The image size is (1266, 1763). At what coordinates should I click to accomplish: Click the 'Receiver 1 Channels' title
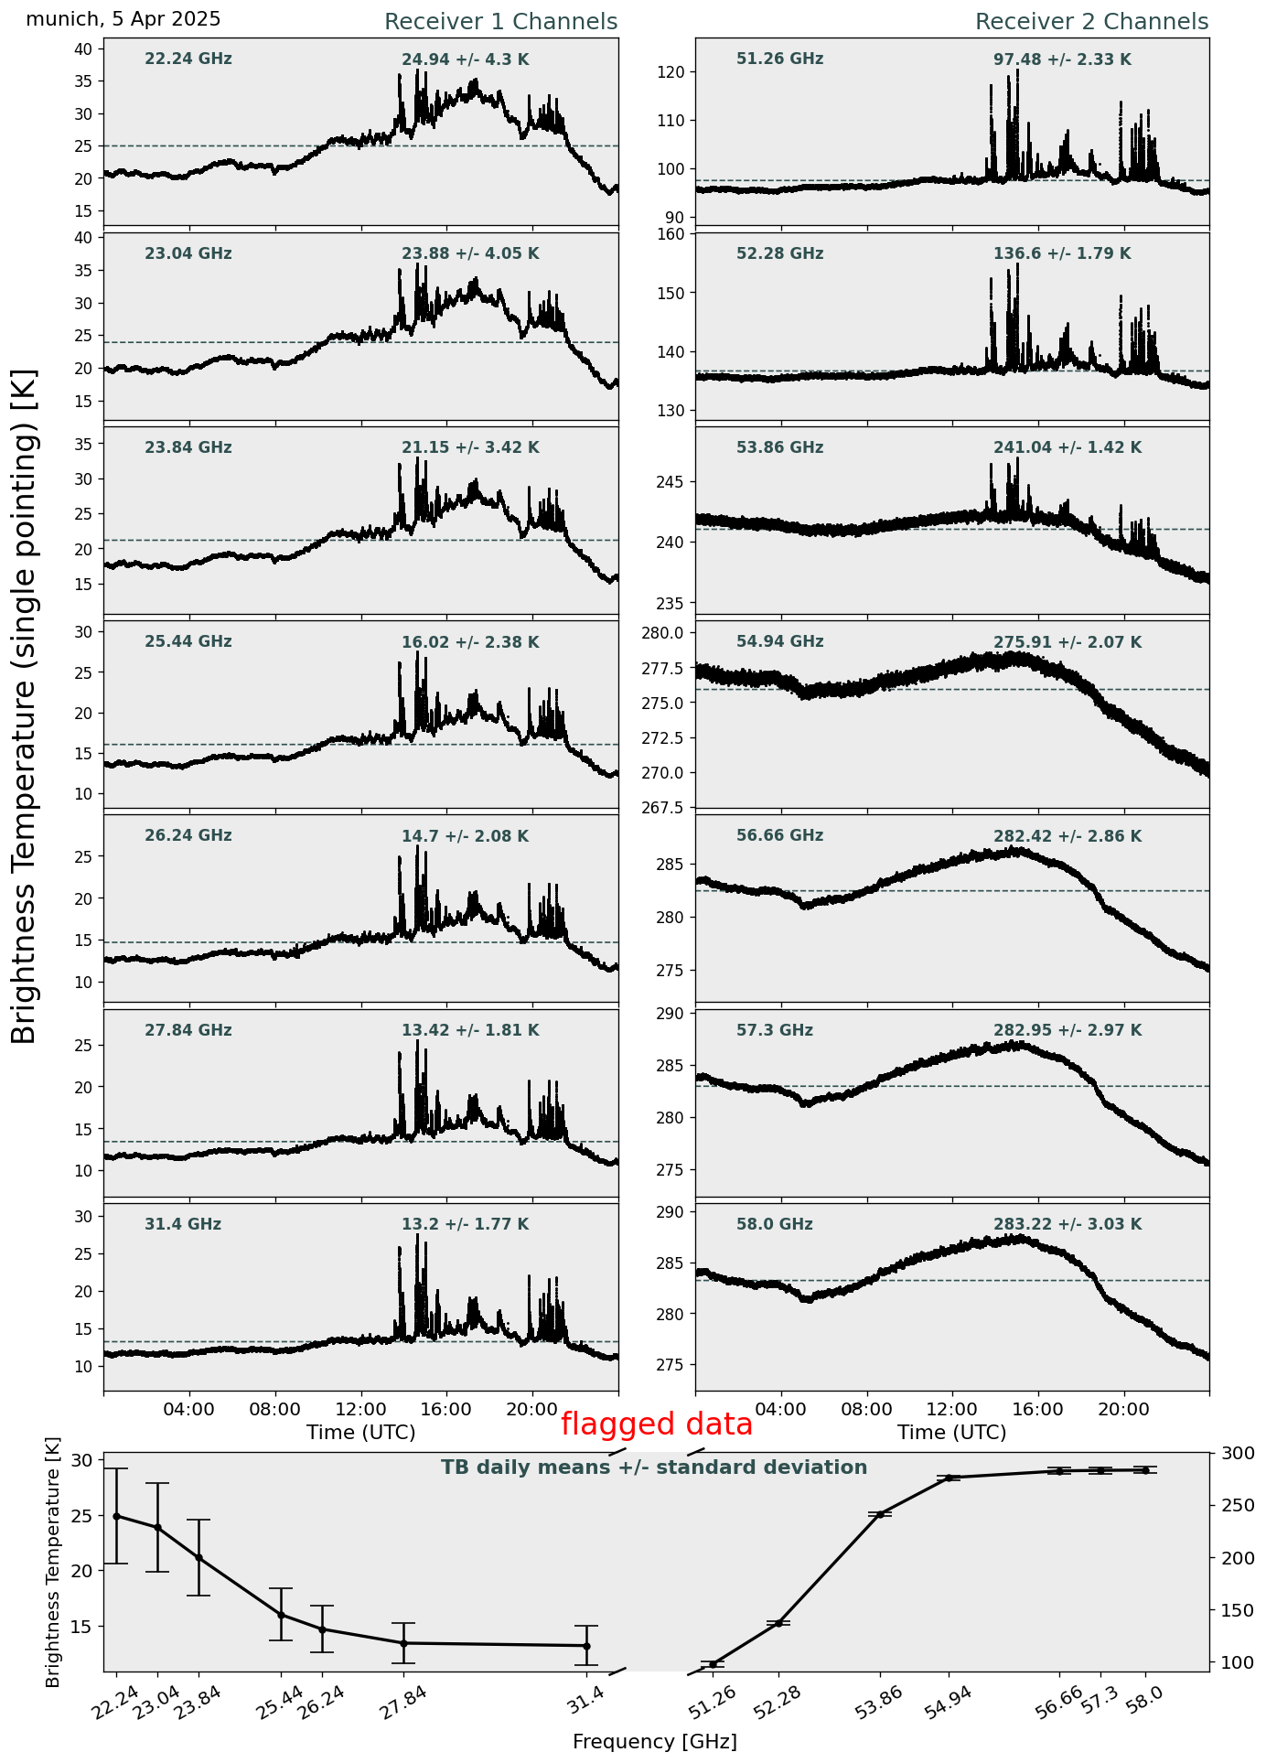500,22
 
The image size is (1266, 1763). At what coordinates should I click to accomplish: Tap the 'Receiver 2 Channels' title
1092,22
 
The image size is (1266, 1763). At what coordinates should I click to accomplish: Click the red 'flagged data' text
657,1424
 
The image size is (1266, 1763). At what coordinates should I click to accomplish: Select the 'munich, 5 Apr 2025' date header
123,19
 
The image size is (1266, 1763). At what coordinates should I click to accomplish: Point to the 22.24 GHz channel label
188,59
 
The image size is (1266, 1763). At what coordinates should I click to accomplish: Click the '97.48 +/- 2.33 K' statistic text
1062,60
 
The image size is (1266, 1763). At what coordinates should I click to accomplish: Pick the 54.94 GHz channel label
779,642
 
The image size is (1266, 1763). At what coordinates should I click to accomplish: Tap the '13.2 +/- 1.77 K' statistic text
465,1225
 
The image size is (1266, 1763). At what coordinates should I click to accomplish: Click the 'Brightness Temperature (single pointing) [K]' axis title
25,706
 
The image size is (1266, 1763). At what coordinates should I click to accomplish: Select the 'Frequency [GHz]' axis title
655,1742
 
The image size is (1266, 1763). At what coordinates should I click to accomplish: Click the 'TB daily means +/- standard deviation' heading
654,1468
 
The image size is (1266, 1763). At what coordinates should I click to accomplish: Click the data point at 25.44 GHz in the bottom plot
281,1615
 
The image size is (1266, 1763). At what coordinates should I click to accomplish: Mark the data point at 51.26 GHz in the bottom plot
713,1663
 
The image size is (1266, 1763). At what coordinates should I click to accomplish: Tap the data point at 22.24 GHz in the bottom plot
116,1516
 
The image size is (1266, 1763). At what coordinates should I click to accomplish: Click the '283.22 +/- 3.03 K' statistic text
1068,1225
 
